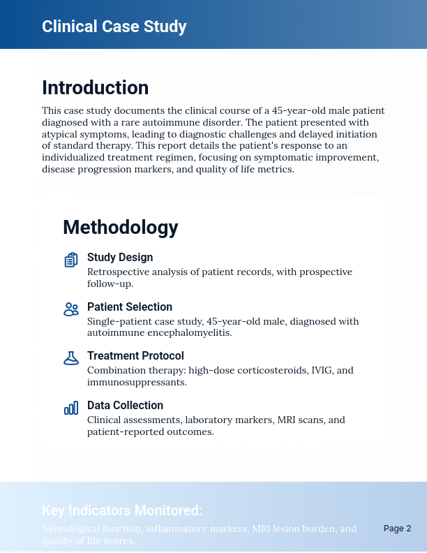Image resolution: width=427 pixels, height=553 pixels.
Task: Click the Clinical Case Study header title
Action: (114, 27)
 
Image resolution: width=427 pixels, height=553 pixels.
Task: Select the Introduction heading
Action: (95, 88)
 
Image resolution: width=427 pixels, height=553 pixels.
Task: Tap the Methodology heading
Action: (120, 228)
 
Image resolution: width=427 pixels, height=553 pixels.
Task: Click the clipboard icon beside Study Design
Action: (70, 260)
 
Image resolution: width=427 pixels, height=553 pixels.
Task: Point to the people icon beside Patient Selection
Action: (70, 309)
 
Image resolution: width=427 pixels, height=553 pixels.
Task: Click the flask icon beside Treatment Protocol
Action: (70, 358)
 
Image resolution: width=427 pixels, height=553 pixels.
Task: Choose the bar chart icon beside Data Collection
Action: (70, 408)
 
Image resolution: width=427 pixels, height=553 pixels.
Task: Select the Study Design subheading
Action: (120, 258)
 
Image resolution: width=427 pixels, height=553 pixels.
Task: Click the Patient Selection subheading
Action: (129, 307)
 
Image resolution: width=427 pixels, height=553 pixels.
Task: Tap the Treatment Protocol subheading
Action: (135, 356)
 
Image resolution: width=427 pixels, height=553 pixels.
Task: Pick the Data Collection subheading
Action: (125, 406)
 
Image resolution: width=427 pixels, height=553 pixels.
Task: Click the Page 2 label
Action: (397, 529)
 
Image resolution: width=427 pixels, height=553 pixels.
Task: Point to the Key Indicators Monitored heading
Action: (122, 510)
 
